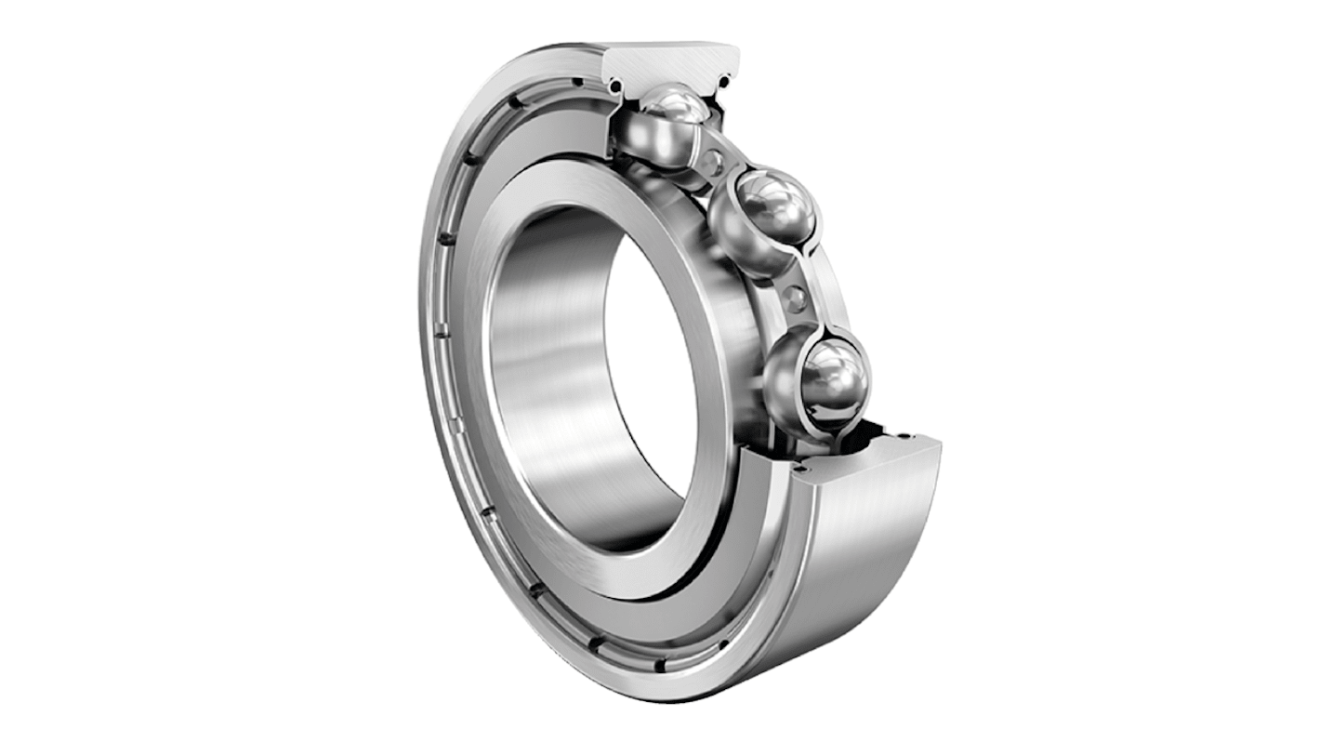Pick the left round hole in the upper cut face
coord(614,86)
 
